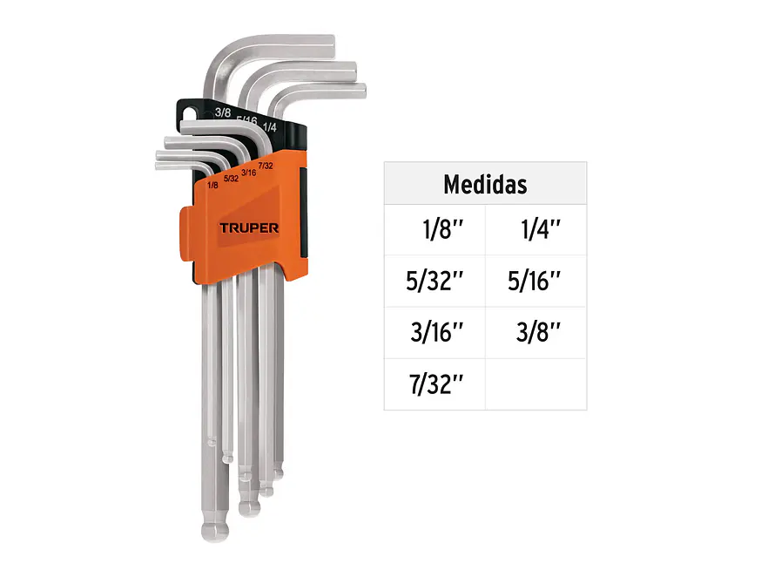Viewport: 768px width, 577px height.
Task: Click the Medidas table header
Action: point(485,184)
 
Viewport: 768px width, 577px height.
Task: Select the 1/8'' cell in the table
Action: point(435,230)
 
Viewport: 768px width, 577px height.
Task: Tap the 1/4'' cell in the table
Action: point(536,230)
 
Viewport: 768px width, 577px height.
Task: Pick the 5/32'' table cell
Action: point(435,282)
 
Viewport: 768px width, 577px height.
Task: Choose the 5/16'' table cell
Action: point(536,282)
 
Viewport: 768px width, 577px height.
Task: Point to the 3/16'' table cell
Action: point(435,333)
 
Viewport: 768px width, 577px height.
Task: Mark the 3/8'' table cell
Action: point(536,333)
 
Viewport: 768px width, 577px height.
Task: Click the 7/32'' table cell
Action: point(435,384)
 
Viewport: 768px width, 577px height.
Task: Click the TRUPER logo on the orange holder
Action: point(249,228)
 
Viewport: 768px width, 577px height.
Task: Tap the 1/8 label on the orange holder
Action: point(212,186)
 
